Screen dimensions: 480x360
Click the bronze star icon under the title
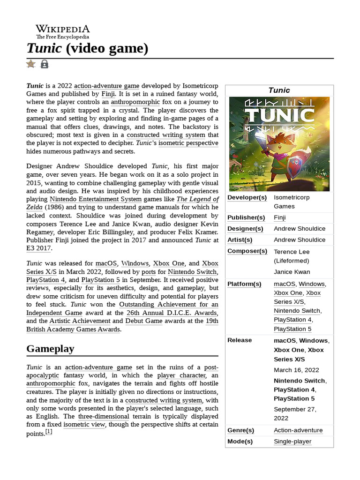[x=31, y=64]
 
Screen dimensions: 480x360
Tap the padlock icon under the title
[x=45, y=64]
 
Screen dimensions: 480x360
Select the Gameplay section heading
[x=50, y=349]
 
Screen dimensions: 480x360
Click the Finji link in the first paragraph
[x=108, y=94]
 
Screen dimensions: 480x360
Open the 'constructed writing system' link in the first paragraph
[x=160, y=135]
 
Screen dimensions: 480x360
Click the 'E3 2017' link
[x=39, y=248]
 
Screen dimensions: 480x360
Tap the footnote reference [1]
[x=49, y=432]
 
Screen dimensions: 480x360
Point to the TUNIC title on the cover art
[x=279, y=115]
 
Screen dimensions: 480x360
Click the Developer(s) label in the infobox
[x=247, y=197]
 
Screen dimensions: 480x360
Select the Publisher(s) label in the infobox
[x=246, y=217]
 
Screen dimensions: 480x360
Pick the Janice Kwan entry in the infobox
[x=292, y=272]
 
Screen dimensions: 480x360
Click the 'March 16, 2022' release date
[x=296, y=370]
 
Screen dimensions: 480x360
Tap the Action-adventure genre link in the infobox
[x=298, y=430]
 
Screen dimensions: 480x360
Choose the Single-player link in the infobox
[x=292, y=442]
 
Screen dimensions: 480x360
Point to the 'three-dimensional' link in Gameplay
[x=104, y=416]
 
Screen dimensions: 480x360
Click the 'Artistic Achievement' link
[x=80, y=321]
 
